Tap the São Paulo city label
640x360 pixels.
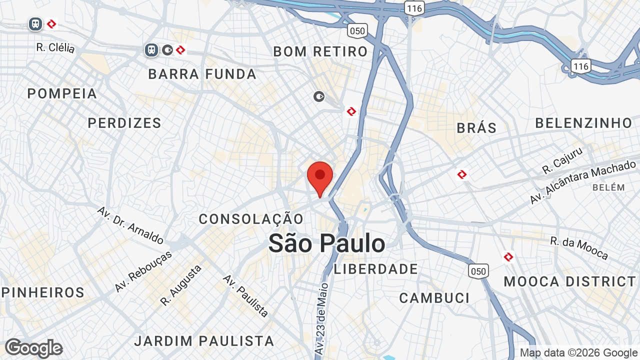pyautogui.click(x=327, y=243)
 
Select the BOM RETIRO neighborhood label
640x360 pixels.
pyautogui.click(x=320, y=51)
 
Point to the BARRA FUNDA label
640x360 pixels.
pyautogui.click(x=202, y=74)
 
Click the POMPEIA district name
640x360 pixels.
pyautogui.click(x=62, y=93)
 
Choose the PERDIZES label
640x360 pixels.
pyautogui.click(x=124, y=123)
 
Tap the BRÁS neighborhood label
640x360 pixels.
pyautogui.click(x=477, y=128)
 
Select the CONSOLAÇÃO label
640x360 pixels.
pyautogui.click(x=251, y=219)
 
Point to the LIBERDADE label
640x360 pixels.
pyautogui.click(x=376, y=269)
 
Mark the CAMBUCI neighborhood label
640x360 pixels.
pyautogui.click(x=434, y=298)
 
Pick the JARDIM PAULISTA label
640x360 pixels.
pyautogui.click(x=204, y=341)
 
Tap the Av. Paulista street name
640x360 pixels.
pyautogui.click(x=246, y=295)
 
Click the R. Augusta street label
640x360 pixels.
pyautogui.click(x=181, y=285)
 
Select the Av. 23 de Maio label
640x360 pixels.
pyautogui.click(x=322, y=319)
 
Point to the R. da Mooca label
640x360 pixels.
pyautogui.click(x=579, y=248)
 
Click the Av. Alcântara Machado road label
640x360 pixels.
pyautogui.click(x=582, y=182)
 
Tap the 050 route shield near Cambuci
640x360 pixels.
pyautogui.click(x=477, y=271)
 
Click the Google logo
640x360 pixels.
pyautogui.click(x=33, y=348)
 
